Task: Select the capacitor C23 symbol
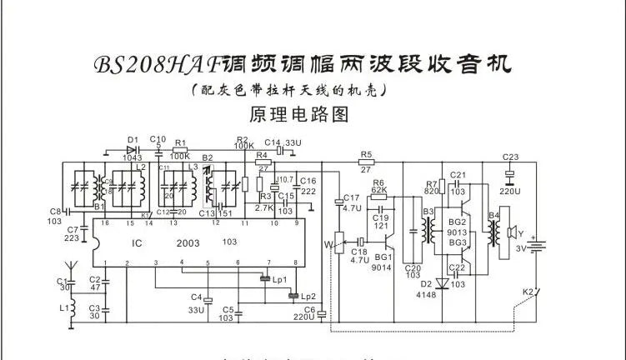[509, 173]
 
